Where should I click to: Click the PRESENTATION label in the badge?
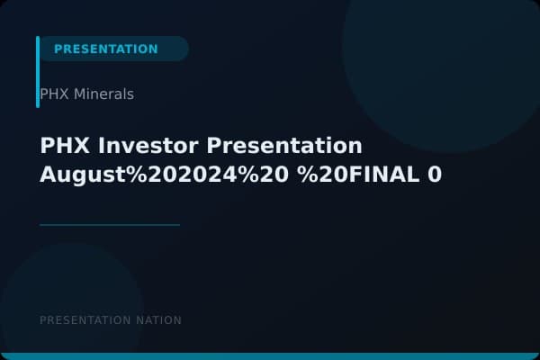[105, 49]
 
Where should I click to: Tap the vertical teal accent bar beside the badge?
[38, 72]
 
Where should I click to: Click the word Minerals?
[103, 94]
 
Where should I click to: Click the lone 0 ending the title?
[435, 175]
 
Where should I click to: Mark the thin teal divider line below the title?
[110, 225]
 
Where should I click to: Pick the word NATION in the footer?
[158, 320]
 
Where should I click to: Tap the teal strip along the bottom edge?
[270, 356]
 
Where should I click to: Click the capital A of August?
[48, 175]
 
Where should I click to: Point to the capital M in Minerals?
[78, 94]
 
